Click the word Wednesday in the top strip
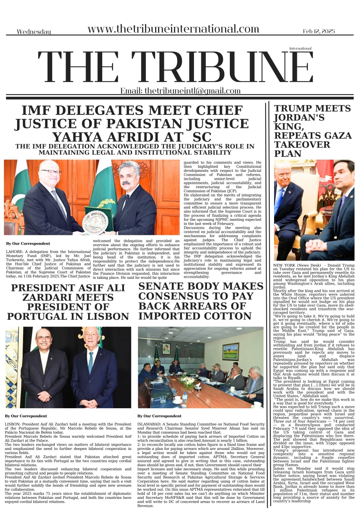[34, 32]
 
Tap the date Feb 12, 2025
[319, 32]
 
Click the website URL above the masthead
[173, 29]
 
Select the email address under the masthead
[181, 91]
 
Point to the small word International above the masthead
[300, 48]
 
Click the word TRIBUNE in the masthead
[222, 68]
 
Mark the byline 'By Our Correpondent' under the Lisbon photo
[26, 416]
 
